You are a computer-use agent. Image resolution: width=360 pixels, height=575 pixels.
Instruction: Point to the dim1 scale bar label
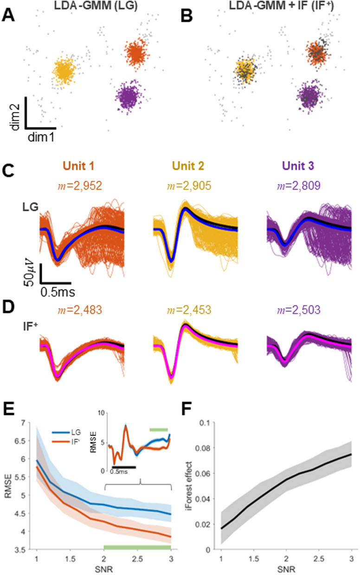(x=41, y=137)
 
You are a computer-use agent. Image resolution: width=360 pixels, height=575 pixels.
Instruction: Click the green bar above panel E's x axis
(x=137, y=547)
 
